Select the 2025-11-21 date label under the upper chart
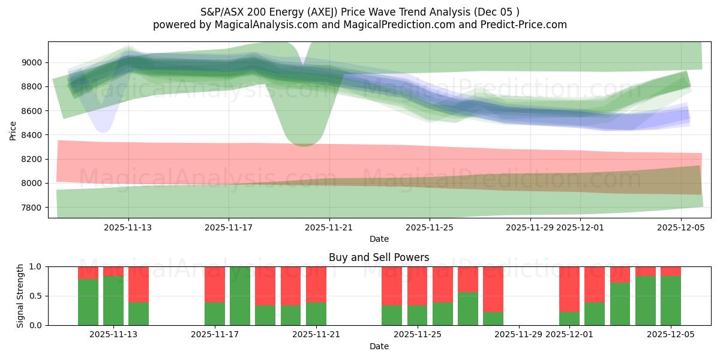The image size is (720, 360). [x=329, y=227]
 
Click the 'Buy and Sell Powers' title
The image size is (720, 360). [x=379, y=257]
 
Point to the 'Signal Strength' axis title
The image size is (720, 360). [x=20, y=295]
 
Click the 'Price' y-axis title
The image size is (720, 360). [x=13, y=130]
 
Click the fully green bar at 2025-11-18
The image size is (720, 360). [x=240, y=296]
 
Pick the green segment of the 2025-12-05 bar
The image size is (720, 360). [x=670, y=301]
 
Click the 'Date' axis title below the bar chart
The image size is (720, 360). [x=379, y=346]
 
